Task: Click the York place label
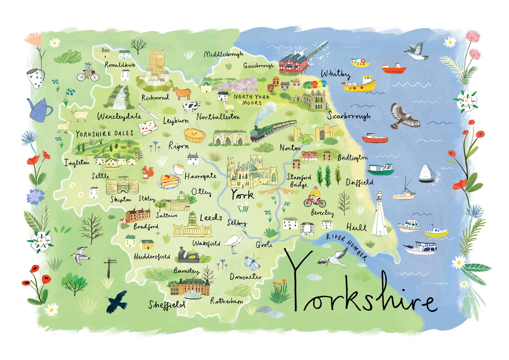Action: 242,195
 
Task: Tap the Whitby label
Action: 335,74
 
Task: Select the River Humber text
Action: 346,246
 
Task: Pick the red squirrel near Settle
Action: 148,172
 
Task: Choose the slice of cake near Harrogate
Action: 169,181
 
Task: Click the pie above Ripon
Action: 195,135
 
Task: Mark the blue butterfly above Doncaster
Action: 252,263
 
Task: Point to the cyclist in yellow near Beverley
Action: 314,198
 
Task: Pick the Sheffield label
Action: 167,305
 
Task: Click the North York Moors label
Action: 252,100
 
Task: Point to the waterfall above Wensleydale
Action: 121,97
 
